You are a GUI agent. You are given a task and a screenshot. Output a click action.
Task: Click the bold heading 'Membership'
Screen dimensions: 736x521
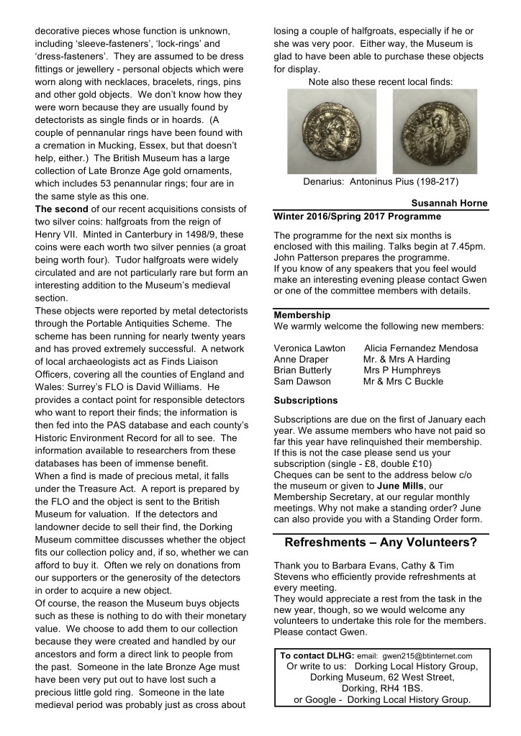302,315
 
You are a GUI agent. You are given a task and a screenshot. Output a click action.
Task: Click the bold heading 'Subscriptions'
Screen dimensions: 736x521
306,400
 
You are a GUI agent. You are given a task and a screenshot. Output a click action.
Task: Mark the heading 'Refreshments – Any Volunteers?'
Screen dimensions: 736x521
381,542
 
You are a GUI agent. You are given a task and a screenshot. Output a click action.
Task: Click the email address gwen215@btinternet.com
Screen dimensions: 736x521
426,656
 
